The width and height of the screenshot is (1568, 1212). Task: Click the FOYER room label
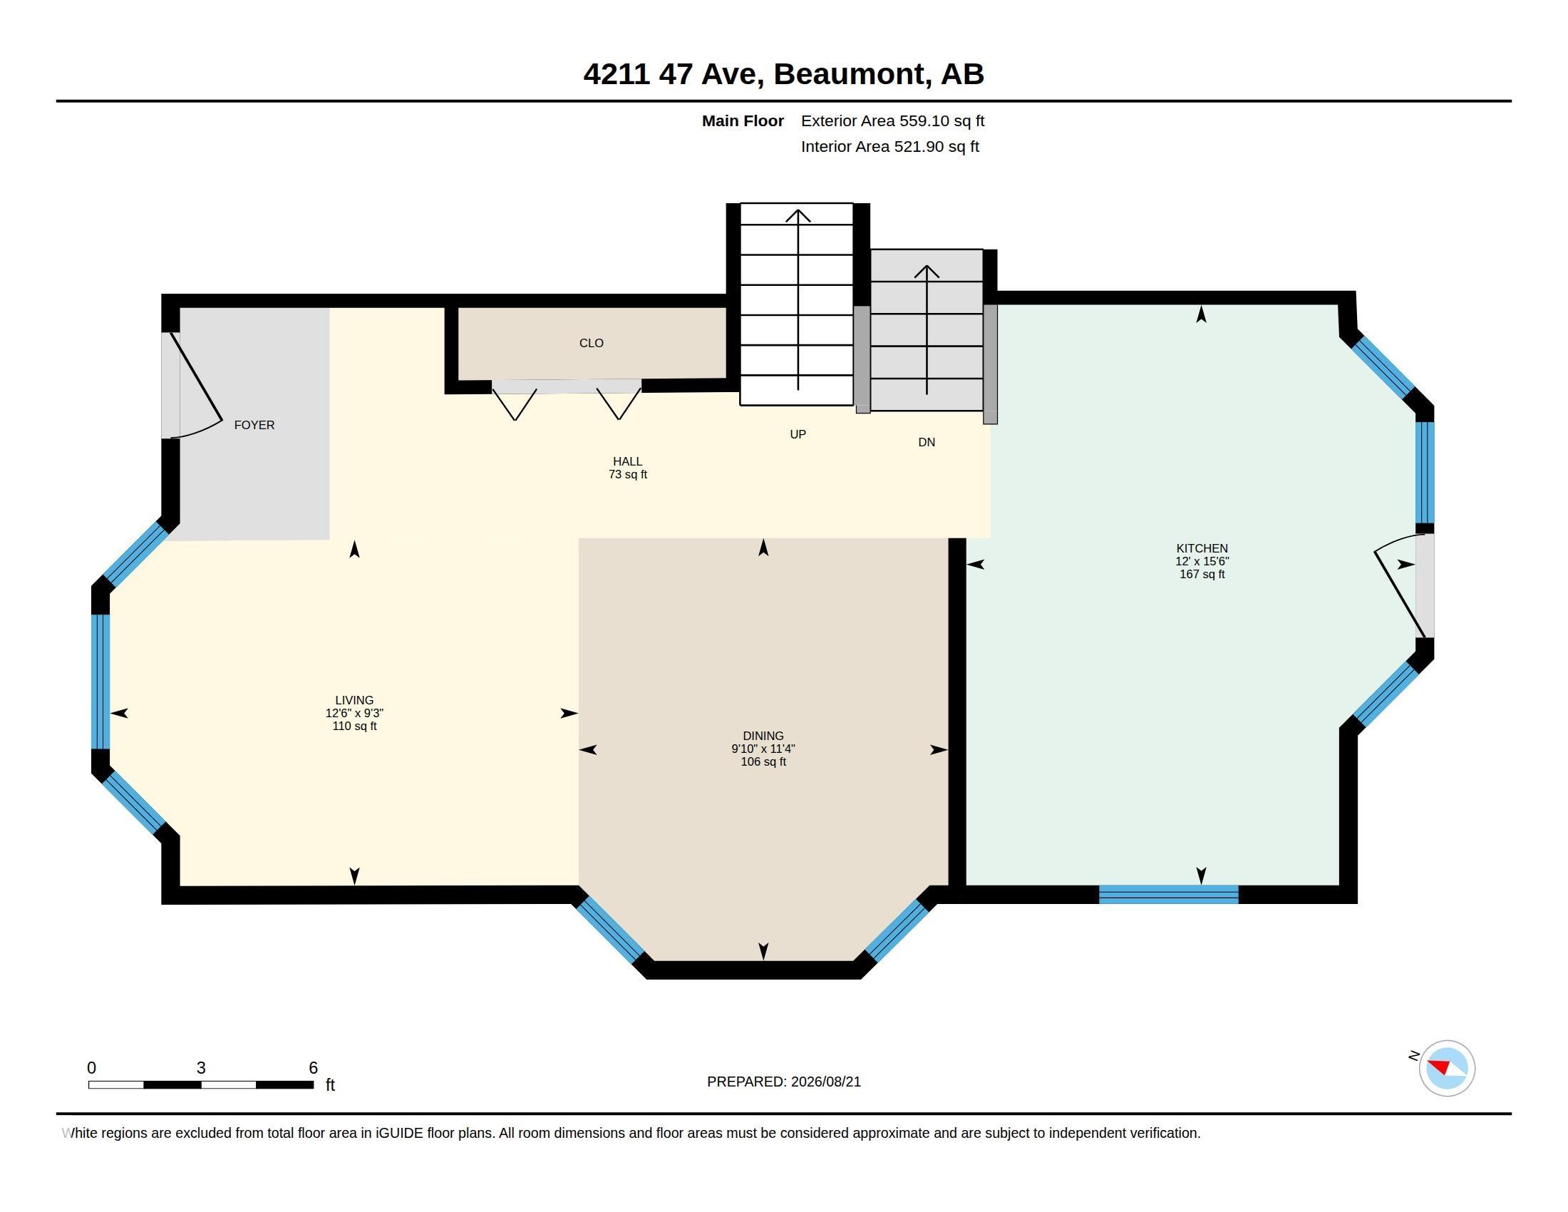[x=254, y=425]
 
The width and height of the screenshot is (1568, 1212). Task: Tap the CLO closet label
[x=592, y=343]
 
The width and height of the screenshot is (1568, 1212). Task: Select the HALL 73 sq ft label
[x=627, y=468]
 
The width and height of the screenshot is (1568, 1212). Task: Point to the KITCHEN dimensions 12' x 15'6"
[x=1202, y=562]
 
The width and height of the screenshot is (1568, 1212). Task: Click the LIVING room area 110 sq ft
[x=354, y=726]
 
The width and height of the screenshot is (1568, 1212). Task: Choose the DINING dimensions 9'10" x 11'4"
[x=763, y=749]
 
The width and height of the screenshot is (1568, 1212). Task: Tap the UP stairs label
[x=798, y=434]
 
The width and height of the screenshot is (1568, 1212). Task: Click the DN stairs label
[x=926, y=442]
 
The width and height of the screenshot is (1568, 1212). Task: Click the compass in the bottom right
[x=1447, y=1068]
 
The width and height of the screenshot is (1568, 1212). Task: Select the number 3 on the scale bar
[x=201, y=1068]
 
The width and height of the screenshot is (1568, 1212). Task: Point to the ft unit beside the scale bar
[x=330, y=1084]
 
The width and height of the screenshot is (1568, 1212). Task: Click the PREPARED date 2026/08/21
[x=825, y=1082]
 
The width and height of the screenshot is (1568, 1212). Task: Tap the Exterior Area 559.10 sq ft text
[x=892, y=120]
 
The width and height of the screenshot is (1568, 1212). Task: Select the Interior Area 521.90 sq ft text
[x=889, y=146]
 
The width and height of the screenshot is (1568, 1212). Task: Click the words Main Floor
[x=743, y=120]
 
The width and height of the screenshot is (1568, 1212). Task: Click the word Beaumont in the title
[x=850, y=74]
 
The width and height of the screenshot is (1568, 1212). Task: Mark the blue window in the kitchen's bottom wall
[x=1168, y=894]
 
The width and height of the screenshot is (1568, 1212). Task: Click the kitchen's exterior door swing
[x=1399, y=585]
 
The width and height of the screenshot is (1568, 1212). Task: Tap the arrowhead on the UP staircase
[x=798, y=215]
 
